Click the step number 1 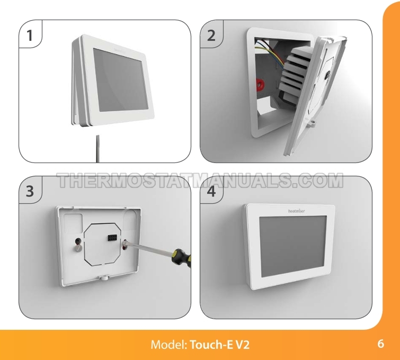click(30, 35)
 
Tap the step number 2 click(211, 35)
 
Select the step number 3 click(30, 191)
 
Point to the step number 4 click(211, 191)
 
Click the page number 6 click(380, 344)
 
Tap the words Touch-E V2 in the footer click(220, 345)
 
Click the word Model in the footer click(169, 345)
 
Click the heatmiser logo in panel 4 click(297, 211)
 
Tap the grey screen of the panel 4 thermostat click(293, 246)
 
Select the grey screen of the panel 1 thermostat click(120, 80)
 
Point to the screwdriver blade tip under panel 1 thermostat click(97, 136)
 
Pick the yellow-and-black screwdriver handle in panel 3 click(182, 257)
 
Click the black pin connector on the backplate click(111, 238)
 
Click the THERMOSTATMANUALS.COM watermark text click(200, 181)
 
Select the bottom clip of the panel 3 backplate click(104, 277)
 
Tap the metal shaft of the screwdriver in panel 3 click(151, 248)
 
